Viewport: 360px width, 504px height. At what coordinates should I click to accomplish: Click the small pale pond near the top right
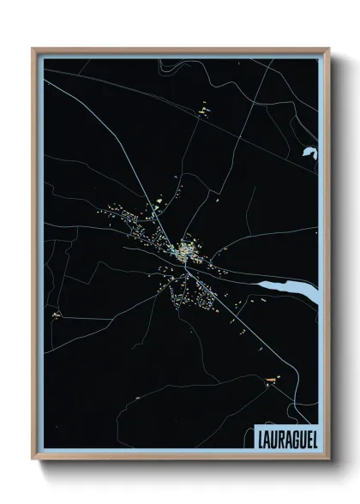click(x=309, y=154)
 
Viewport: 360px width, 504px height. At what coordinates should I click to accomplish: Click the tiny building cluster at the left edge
click(x=57, y=315)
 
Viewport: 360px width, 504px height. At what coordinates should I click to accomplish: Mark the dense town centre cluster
click(x=184, y=251)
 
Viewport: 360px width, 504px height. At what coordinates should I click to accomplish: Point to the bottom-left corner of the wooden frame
click(x=33, y=459)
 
